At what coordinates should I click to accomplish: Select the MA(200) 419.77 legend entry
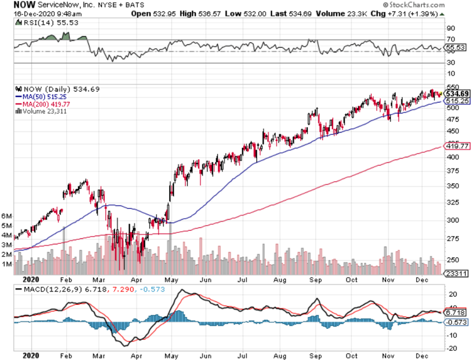point(42,104)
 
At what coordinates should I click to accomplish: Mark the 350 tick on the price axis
point(452,186)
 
